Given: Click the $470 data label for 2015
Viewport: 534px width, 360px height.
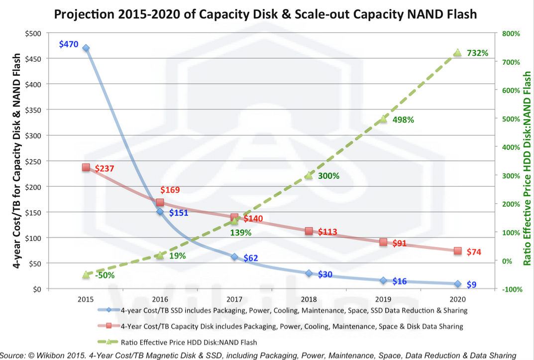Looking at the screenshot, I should pyautogui.click(x=69, y=44).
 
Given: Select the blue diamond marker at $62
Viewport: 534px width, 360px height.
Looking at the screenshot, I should pyautogui.click(x=234, y=257).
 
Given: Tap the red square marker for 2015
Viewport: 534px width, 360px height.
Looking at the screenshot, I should pyautogui.click(x=86, y=168).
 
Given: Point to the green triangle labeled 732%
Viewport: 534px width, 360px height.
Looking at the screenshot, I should pyautogui.click(x=457, y=53).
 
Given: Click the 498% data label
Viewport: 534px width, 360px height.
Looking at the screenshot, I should pyautogui.click(x=403, y=120).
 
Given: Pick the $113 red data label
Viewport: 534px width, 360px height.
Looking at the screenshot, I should pyautogui.click(x=327, y=232).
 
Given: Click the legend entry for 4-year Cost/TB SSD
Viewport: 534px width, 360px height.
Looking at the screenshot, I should pyautogui.click(x=294, y=311).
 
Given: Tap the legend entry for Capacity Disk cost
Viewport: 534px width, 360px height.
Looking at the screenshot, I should pyautogui.click(x=292, y=327).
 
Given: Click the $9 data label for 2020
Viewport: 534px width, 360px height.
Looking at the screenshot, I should pyautogui.click(x=471, y=285).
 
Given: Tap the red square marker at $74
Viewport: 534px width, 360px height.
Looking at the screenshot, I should pyautogui.click(x=457, y=251).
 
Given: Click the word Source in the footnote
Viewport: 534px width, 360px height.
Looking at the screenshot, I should pyautogui.click(x=13, y=355).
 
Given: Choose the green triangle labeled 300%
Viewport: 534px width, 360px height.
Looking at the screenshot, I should pyautogui.click(x=309, y=175).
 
